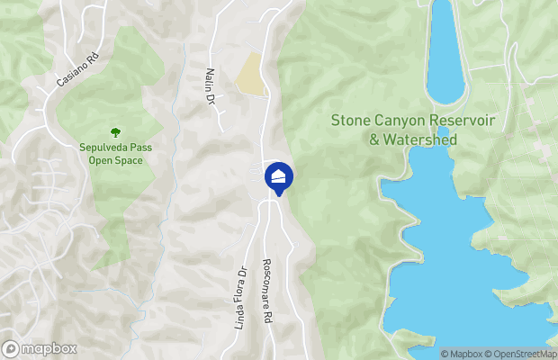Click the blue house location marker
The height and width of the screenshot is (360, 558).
[x=279, y=177]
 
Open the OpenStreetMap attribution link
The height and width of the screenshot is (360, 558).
[x=521, y=354]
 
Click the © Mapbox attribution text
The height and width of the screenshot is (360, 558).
[x=462, y=354]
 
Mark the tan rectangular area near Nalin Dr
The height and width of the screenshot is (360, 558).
[x=250, y=74]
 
